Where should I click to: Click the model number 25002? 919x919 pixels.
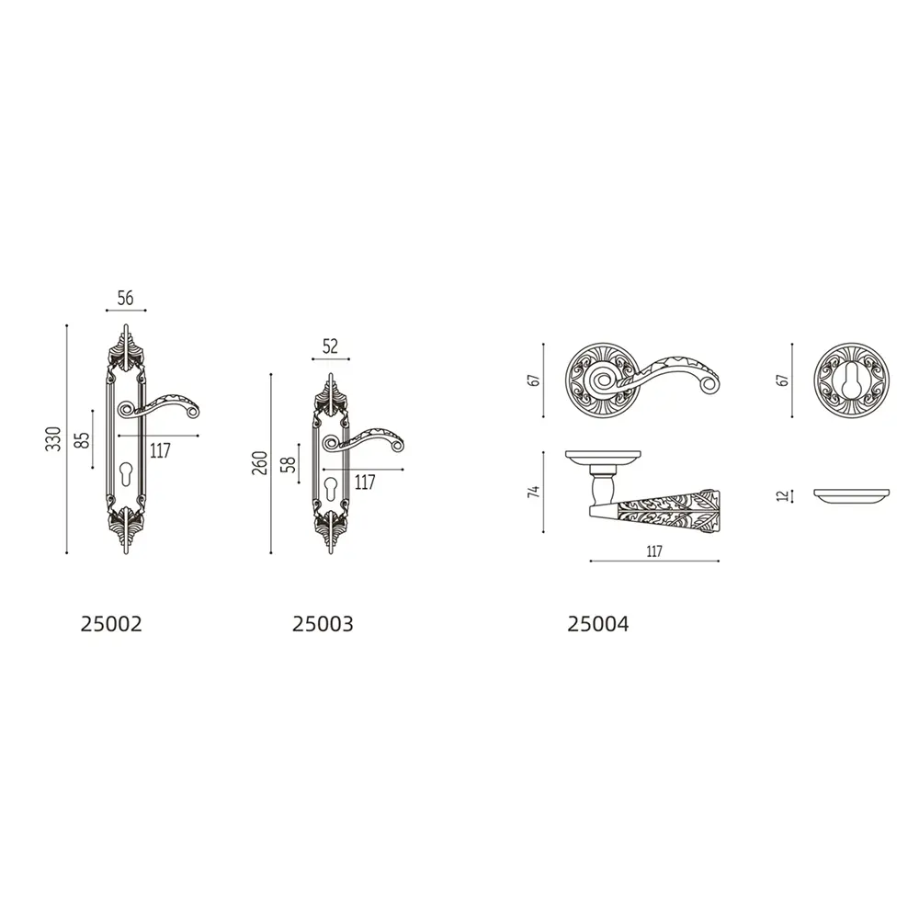pos(111,624)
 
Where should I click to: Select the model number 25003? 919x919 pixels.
pos(323,624)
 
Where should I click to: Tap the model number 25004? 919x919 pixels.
pos(598,624)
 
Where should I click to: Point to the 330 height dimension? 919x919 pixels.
pos(53,439)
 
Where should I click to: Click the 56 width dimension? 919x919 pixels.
pos(125,298)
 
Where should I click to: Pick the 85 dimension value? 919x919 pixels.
pos(84,440)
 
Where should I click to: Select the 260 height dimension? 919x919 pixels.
pos(260,463)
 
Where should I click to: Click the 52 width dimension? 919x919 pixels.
pos(331,346)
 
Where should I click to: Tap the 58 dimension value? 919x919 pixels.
pos(289,465)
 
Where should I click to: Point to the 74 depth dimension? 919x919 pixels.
pos(533,492)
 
